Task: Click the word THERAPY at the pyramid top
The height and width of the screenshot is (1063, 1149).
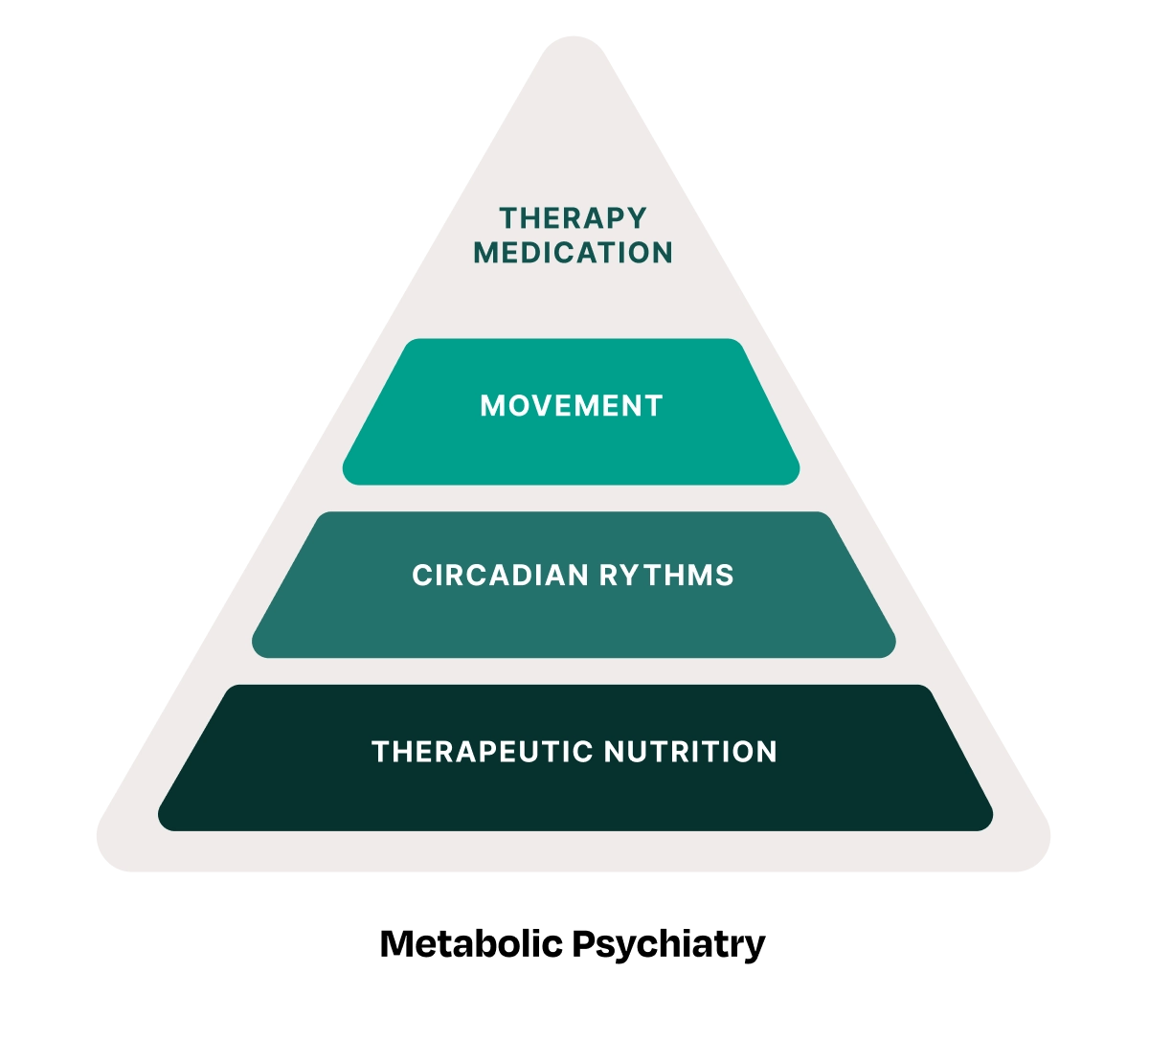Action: [573, 218]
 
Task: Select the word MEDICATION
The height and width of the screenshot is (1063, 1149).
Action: [573, 253]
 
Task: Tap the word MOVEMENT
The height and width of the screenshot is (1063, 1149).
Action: [572, 406]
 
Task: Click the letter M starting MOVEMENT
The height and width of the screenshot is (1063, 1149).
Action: [491, 406]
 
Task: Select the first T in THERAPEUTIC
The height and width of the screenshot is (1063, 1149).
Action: [379, 752]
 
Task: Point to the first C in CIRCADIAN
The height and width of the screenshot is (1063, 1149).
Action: [420, 576]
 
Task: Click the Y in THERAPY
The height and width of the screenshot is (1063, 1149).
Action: [638, 218]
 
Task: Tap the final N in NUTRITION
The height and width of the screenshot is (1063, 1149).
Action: [767, 752]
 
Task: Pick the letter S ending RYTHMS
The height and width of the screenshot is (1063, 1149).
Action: [726, 576]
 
